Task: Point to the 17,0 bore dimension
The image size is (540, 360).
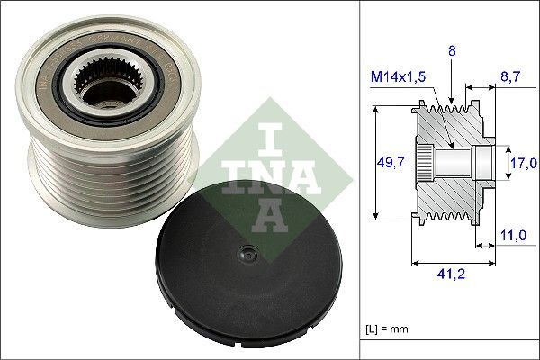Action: (x=524, y=163)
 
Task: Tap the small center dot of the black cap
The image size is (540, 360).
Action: (x=241, y=255)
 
